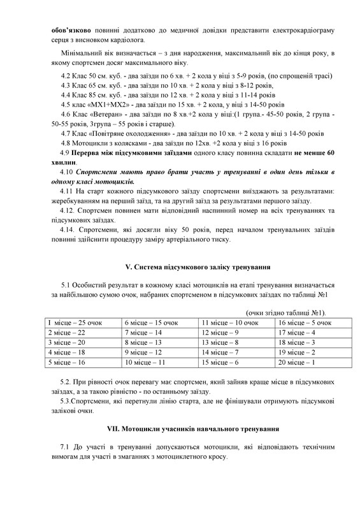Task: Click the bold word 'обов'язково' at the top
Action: click(71, 31)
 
